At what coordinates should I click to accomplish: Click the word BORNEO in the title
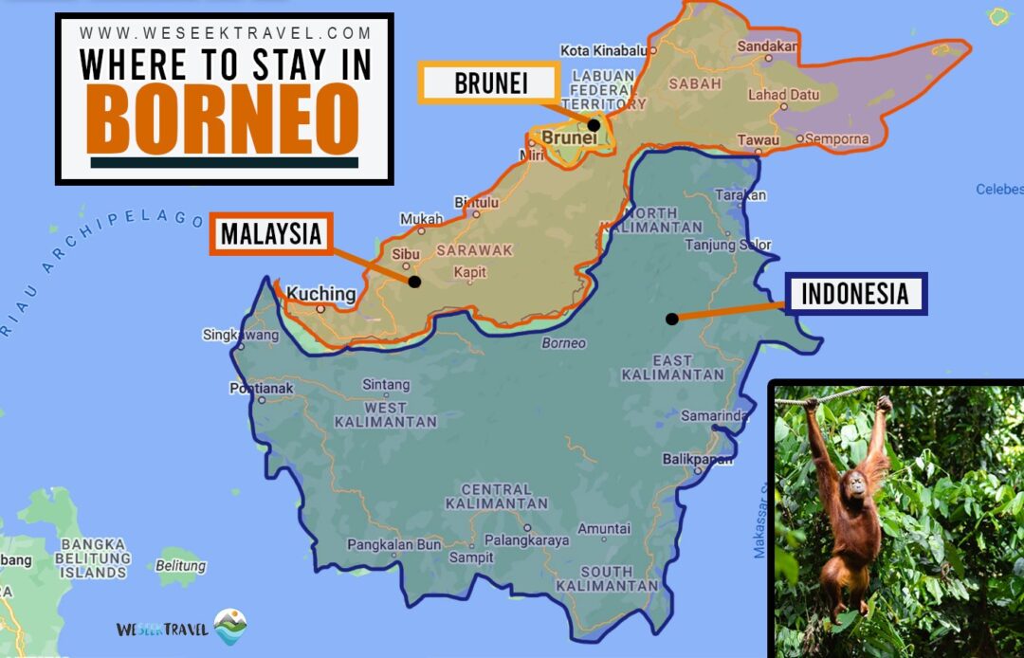tap(225, 118)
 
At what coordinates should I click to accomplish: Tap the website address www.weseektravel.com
tap(226, 33)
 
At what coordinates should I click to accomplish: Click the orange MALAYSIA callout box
tap(271, 233)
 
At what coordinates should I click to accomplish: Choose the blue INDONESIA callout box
tap(855, 293)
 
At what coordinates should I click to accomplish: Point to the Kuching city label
tap(321, 294)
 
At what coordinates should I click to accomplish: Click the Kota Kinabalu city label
tap(603, 50)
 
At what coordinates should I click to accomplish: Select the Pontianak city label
tap(262, 388)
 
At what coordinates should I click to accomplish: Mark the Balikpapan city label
tap(698, 459)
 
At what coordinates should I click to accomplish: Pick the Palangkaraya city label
tap(526, 540)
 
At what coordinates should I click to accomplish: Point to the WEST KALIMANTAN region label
tap(385, 413)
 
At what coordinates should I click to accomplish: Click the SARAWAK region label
tap(474, 250)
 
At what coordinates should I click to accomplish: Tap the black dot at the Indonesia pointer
tap(671, 319)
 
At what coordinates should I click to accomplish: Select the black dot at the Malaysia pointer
tap(414, 282)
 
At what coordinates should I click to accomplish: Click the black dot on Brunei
tap(594, 124)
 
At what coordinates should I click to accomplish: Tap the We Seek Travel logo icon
tap(230, 627)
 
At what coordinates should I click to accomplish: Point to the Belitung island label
tap(180, 566)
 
